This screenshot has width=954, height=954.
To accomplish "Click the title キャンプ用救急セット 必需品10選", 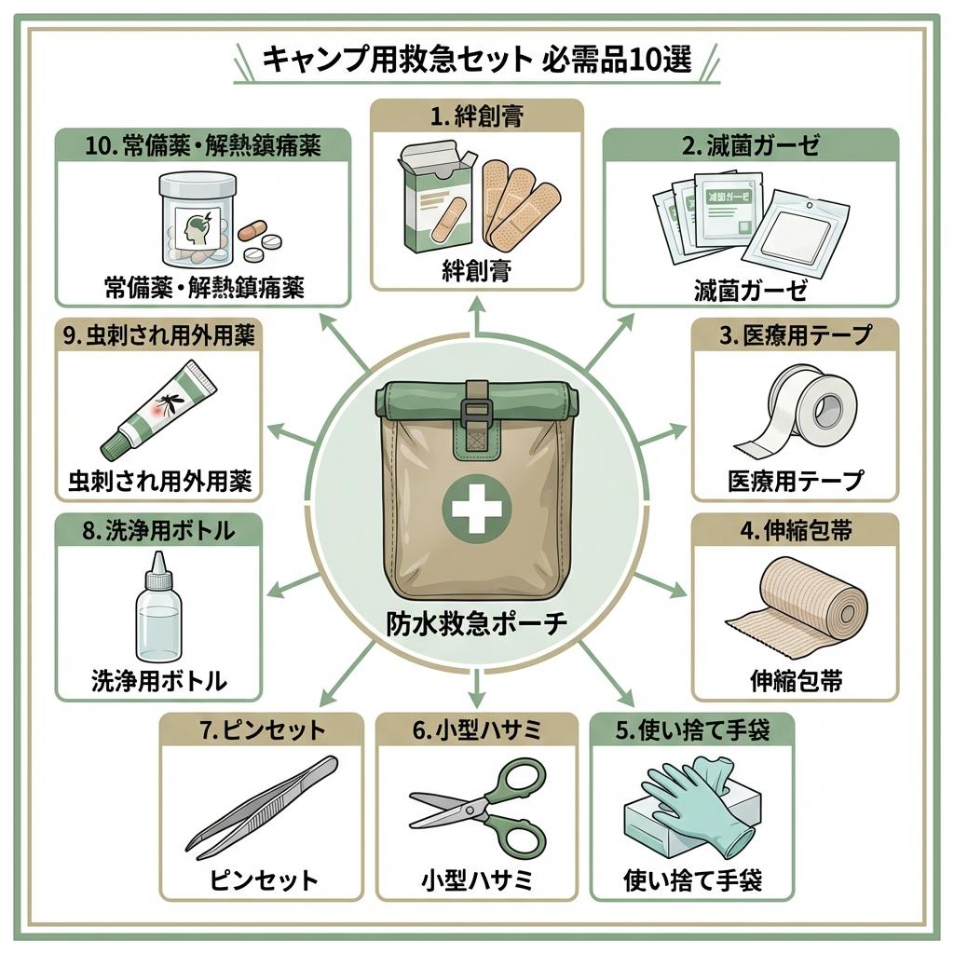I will coord(477,61).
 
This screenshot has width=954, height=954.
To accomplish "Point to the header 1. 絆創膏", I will coord(477,118).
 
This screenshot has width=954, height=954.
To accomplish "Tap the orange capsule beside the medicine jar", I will coord(252,230).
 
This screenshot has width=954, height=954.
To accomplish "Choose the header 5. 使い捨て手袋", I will coord(692,730).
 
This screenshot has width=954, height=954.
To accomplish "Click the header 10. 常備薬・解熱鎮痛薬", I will coord(203,145).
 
